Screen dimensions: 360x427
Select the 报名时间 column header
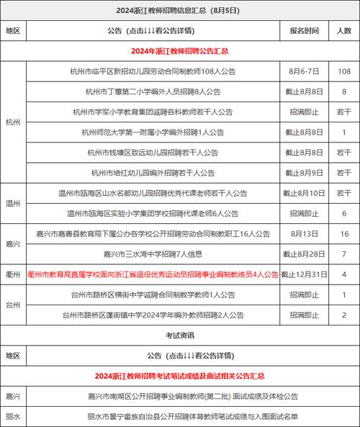point(304,32)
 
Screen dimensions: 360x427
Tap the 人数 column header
point(344,32)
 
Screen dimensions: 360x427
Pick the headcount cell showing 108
point(344,71)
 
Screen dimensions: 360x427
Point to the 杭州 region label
point(13,122)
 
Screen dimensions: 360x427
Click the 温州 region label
point(13,204)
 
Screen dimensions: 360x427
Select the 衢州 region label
point(13,275)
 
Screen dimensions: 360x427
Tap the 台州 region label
point(13,305)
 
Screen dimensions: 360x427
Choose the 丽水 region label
point(13,416)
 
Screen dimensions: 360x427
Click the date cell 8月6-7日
point(304,71)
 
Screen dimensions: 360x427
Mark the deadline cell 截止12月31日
point(304,275)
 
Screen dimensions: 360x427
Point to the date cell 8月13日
point(304,234)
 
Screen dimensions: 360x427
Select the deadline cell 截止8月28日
point(304,254)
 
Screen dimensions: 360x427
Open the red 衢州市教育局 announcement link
point(153,275)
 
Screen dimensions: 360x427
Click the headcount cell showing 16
point(344,234)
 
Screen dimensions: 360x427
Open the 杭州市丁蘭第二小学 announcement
point(152,91)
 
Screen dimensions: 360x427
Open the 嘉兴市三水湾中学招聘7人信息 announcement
point(152,254)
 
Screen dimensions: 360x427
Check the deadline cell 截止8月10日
point(304,193)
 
